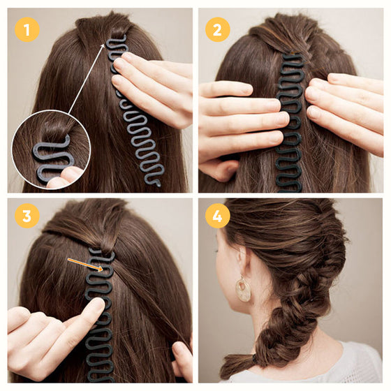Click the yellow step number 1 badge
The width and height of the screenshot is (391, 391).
coord(27,29)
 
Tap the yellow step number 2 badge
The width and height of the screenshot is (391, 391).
coord(218,29)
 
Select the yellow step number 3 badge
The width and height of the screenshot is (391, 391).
coord(27,216)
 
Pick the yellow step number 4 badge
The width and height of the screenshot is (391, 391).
coord(218,216)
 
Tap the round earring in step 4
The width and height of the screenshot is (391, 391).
coord(243,289)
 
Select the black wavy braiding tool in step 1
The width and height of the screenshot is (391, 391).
coord(136,119)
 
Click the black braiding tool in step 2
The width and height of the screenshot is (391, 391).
coord(290,126)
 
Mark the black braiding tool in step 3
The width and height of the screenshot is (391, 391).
coord(99,314)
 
